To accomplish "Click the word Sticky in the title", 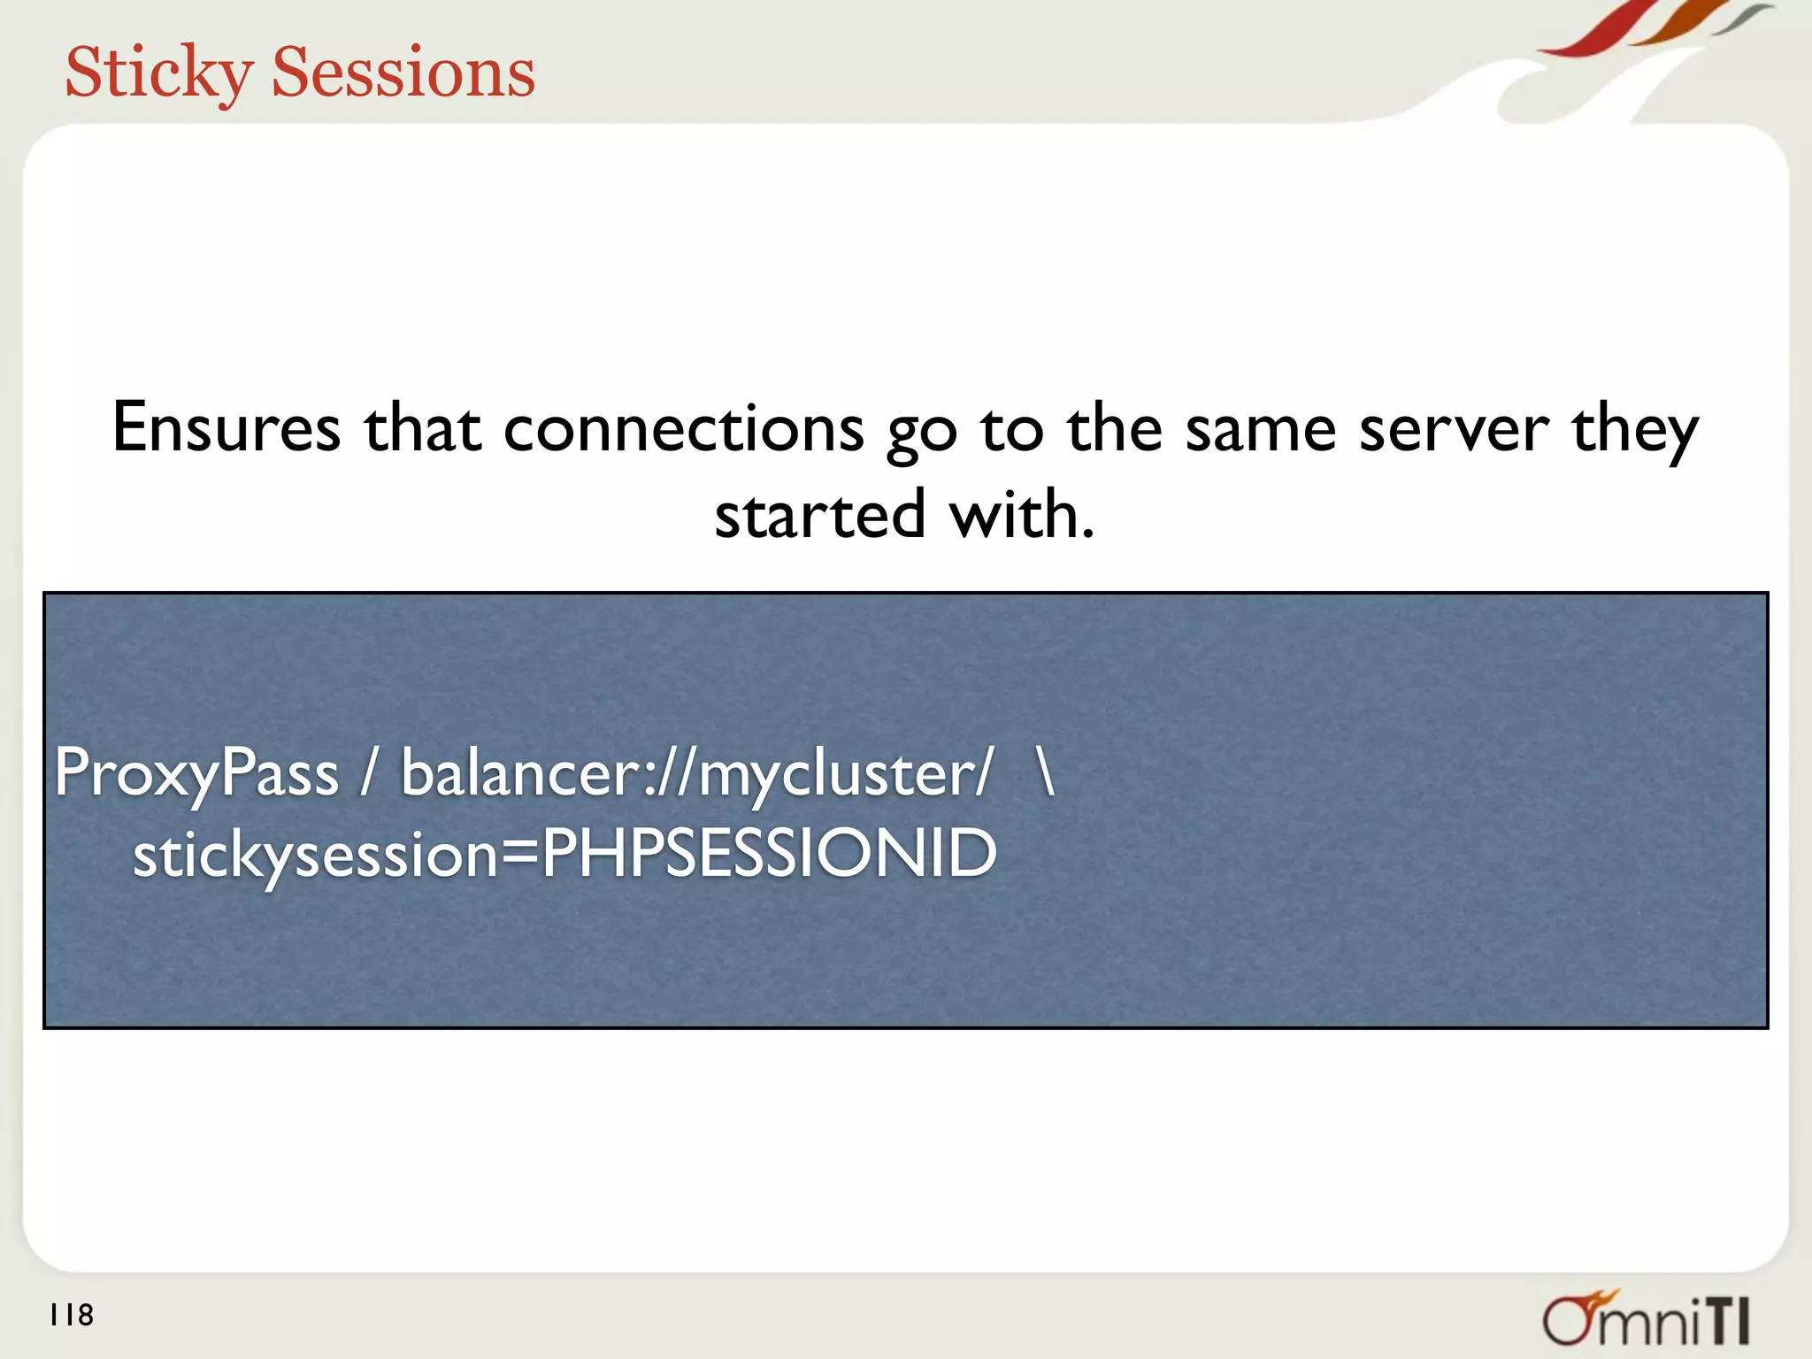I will point(159,73).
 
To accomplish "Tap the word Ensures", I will point(226,428).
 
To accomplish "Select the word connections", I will point(683,428).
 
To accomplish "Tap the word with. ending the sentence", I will point(1022,515).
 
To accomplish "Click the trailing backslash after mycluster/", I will point(1047,772).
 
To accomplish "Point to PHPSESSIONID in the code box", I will point(769,853).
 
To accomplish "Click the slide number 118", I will point(72,1315).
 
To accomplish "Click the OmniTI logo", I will point(1646,1319).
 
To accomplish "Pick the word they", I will point(1635,428).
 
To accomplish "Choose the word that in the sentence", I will point(423,428).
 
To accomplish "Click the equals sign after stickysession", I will point(518,855).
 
